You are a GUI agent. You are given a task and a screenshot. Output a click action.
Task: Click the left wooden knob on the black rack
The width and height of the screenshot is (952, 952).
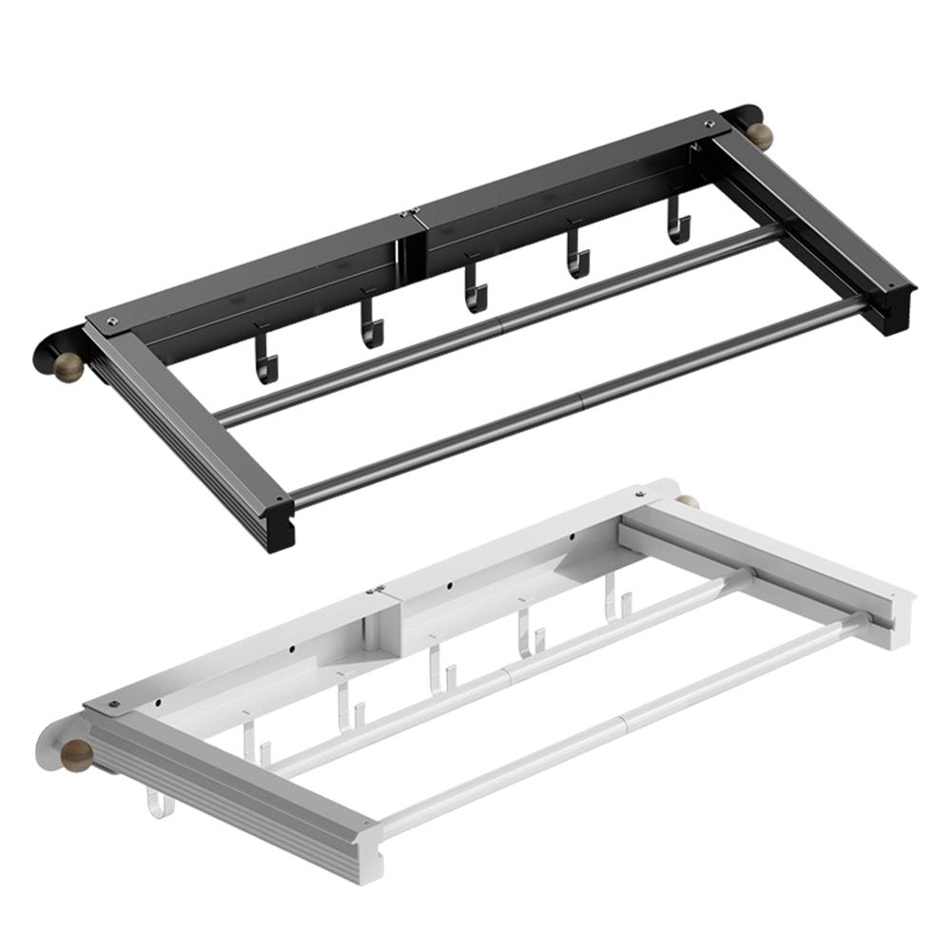pyautogui.click(x=68, y=368)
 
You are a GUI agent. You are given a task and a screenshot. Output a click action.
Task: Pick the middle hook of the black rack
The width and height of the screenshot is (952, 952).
pyautogui.click(x=476, y=287)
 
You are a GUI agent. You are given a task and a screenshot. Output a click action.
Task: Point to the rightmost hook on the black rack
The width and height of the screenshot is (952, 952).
pyautogui.click(x=678, y=222)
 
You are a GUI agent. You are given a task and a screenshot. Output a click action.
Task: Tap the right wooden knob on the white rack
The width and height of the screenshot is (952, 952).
pyautogui.click(x=688, y=501)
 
